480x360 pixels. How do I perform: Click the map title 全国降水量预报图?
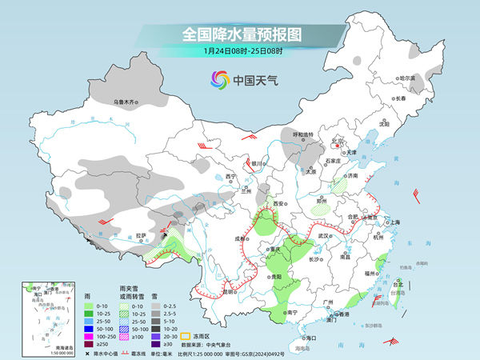(240, 34)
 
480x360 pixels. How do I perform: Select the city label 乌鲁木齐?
(126, 102)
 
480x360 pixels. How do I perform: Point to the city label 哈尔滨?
(408, 78)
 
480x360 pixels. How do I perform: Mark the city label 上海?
(394, 222)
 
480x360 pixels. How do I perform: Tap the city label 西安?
(278, 205)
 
